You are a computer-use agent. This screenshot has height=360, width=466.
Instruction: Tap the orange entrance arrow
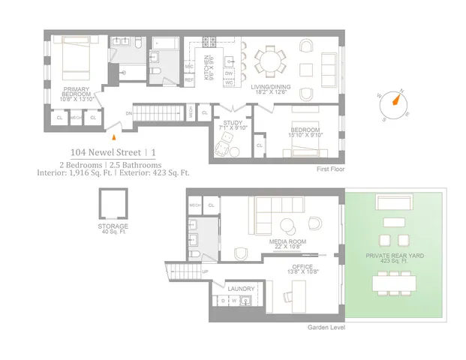pyautogui.click(x=113, y=136)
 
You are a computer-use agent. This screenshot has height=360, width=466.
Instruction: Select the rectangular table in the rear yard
pyautogui.click(x=394, y=282)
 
